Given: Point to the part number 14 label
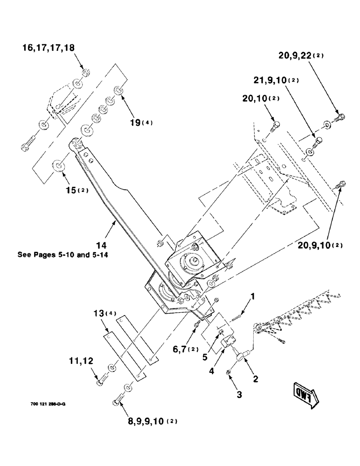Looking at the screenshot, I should click(113, 245).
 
